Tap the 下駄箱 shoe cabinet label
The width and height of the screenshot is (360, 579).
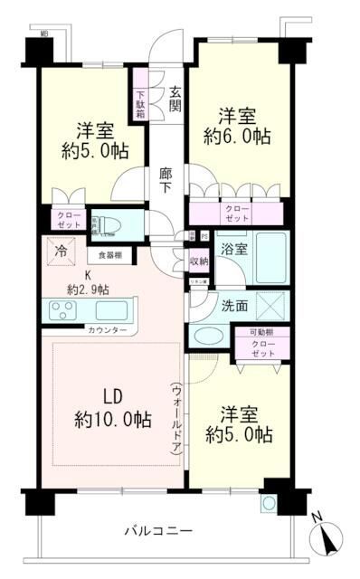click(x=141, y=101)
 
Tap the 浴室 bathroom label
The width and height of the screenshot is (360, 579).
click(x=234, y=249)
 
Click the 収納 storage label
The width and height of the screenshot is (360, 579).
click(x=199, y=261)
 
